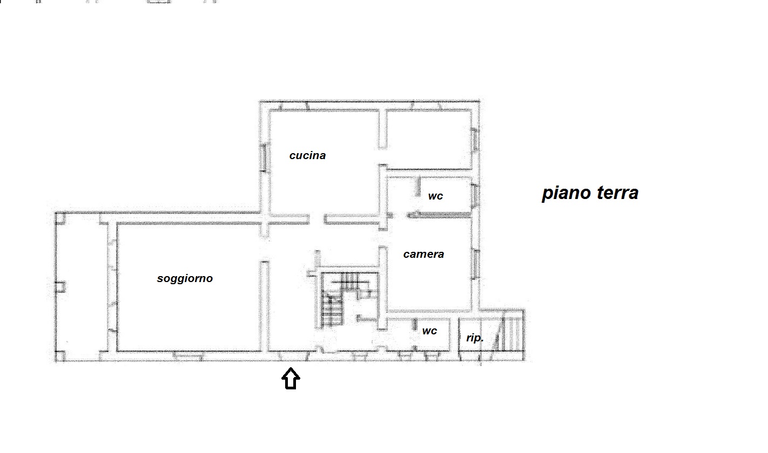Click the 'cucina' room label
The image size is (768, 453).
click(x=307, y=155)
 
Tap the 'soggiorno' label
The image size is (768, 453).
click(x=185, y=278)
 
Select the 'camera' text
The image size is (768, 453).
click(x=423, y=254)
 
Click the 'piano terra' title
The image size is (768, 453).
click(x=590, y=193)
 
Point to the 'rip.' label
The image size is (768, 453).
click(x=475, y=338)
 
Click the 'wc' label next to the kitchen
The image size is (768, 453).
click(x=435, y=196)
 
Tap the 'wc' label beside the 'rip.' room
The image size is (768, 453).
click(x=429, y=331)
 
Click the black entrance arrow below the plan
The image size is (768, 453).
click(x=291, y=379)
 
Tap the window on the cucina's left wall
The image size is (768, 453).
click(x=264, y=157)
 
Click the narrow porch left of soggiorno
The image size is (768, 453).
click(x=82, y=287)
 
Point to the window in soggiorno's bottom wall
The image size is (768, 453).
click(x=187, y=356)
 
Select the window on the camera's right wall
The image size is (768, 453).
click(x=476, y=264)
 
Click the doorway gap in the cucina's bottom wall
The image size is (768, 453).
click(x=317, y=219)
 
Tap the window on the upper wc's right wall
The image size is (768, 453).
click(x=475, y=196)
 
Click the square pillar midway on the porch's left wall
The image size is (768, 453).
click(x=60, y=287)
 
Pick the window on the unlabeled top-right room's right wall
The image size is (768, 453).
click(x=475, y=139)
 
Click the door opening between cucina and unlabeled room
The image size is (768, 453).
click(x=383, y=157)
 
